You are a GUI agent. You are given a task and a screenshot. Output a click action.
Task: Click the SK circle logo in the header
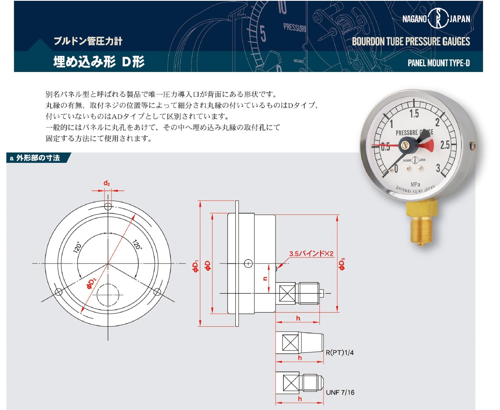[438, 18]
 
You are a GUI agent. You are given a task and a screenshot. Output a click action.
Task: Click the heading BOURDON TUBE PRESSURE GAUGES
[411, 41]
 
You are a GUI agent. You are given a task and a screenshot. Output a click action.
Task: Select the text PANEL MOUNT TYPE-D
[438, 63]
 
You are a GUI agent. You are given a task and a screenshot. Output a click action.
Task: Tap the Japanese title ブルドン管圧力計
[88, 41]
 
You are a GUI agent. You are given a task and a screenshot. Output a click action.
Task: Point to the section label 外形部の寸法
[38, 158]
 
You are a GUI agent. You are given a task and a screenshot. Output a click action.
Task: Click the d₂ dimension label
[107, 183]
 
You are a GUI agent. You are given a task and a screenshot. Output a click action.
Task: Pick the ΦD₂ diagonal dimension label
[92, 284]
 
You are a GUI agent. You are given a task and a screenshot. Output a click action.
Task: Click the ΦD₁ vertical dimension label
[195, 266]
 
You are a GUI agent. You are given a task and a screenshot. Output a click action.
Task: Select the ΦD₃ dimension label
[342, 264]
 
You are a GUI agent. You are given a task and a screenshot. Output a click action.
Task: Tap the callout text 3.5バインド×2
[311, 253]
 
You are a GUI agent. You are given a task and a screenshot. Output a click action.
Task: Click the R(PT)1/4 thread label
[340, 352]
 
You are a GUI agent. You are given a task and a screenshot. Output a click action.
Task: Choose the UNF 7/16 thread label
[340, 392]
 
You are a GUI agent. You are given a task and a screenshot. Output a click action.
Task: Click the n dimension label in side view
[265, 278]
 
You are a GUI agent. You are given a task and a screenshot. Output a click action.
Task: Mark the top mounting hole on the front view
[108, 206]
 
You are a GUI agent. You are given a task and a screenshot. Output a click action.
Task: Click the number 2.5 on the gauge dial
[445, 145]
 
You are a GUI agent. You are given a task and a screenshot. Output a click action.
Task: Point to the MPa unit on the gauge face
[415, 184]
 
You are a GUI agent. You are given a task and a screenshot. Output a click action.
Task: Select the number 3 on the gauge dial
[438, 168]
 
